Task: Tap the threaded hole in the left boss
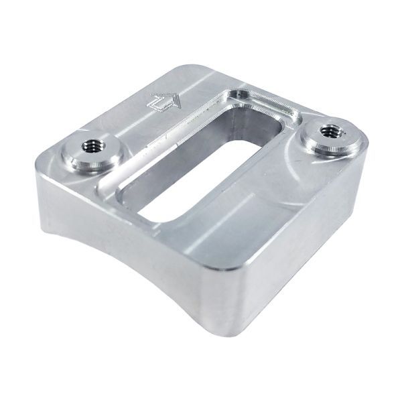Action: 90,145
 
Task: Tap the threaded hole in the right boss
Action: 329,131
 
